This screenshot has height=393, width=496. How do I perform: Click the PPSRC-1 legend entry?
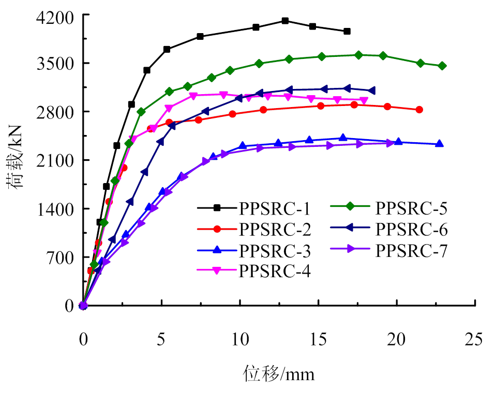pyautogui.click(x=275, y=208)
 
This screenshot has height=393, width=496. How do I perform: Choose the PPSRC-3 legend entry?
pyautogui.click(x=275, y=251)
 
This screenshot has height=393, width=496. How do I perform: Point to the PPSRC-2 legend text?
pyautogui.click(x=275, y=229)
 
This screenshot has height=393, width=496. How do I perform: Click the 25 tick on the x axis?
pyautogui.click(x=475, y=340)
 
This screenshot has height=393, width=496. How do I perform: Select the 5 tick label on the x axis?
pyautogui.click(x=161, y=340)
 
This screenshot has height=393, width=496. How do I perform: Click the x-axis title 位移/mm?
pyautogui.click(x=279, y=372)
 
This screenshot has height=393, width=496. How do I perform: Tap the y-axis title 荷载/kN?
pyautogui.click(x=16, y=160)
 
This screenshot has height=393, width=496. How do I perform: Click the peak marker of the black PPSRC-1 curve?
pyautogui.click(x=285, y=21)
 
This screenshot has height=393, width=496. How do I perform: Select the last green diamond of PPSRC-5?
pyautogui.click(x=442, y=66)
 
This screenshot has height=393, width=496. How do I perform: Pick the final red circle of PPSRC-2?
pyautogui.click(x=419, y=110)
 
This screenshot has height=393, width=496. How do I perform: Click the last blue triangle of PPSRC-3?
pyautogui.click(x=439, y=143)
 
